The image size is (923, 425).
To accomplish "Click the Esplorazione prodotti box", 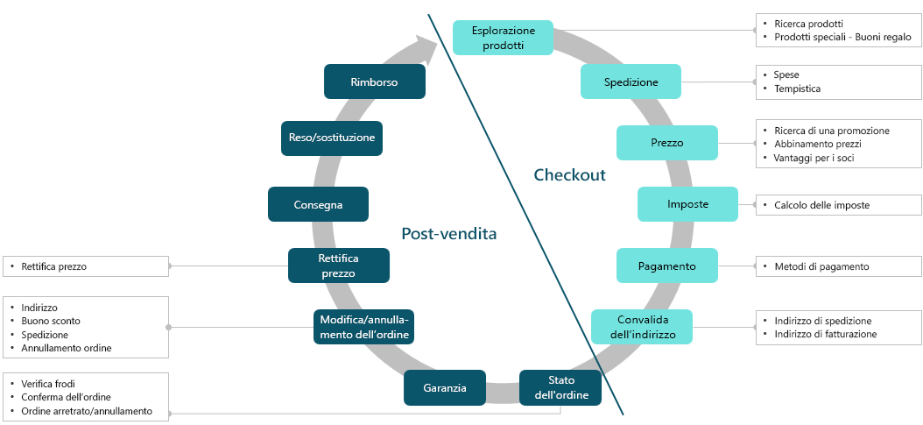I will [503, 38].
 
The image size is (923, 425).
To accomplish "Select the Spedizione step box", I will [631, 81].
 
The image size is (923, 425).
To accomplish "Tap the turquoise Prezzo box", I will [666, 143].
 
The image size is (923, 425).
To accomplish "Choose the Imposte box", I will [687, 204].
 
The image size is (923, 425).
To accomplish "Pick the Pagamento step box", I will [666, 266].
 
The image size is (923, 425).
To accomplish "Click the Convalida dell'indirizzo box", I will [641, 327].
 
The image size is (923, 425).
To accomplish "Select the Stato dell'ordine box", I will [560, 387].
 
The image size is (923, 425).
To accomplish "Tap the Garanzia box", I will [445, 387].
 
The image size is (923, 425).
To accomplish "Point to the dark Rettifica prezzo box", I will [338, 266].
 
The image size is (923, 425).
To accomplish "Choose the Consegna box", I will [318, 204].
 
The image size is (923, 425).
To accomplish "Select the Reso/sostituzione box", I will [332, 138].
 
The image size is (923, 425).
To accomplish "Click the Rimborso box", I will [374, 81].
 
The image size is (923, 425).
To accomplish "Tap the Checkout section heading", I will [569, 175].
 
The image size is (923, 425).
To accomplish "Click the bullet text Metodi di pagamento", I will [821, 266].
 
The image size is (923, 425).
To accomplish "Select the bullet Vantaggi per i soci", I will [814, 158].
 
